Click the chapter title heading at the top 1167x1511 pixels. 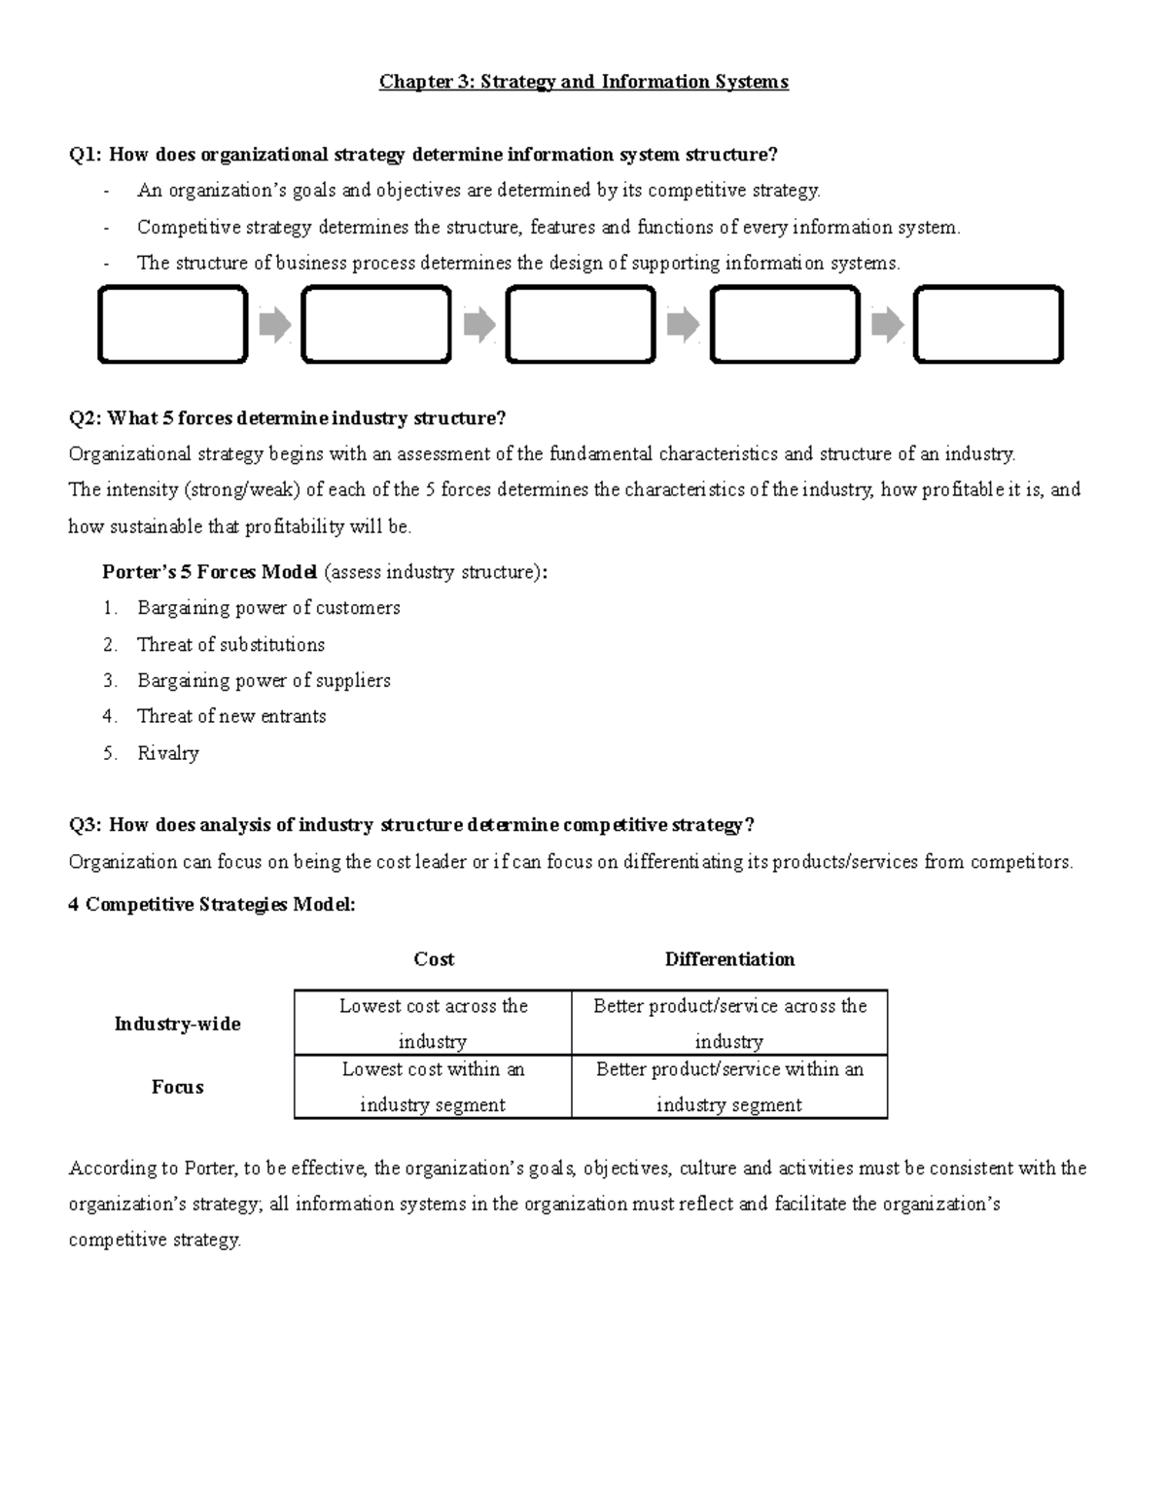click(x=583, y=82)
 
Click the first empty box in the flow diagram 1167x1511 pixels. click(x=173, y=325)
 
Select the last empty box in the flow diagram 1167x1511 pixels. click(x=988, y=325)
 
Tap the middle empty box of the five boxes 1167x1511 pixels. click(x=581, y=325)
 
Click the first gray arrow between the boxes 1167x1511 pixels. click(x=275, y=325)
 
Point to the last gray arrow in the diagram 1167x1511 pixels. click(x=887, y=325)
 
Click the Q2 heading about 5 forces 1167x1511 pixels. click(x=288, y=419)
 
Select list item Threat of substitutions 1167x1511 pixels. click(x=230, y=645)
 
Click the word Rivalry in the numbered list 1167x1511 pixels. click(x=168, y=753)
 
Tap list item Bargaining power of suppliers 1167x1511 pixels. click(x=264, y=681)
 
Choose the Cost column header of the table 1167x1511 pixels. click(x=434, y=959)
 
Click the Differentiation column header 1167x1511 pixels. click(x=729, y=959)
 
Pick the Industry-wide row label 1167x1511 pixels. click(x=177, y=1024)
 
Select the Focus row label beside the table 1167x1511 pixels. click(x=177, y=1087)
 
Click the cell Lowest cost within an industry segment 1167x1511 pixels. click(x=433, y=1087)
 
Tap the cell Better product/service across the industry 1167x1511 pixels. click(x=729, y=1023)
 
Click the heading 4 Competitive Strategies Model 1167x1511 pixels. click(x=212, y=905)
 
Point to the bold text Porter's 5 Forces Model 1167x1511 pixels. click(x=209, y=572)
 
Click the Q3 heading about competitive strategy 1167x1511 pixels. click(x=411, y=826)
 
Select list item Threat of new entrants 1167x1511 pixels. click(x=231, y=717)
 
